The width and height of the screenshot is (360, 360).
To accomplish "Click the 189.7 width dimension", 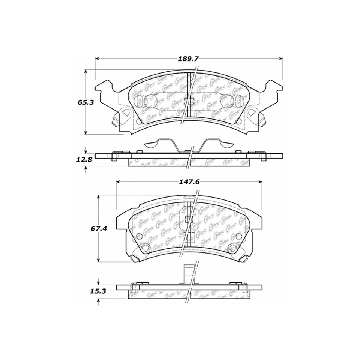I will point(189,58).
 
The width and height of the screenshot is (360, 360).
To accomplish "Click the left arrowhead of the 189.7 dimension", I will point(97,58).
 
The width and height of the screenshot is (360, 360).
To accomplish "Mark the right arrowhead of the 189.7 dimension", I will point(280,58).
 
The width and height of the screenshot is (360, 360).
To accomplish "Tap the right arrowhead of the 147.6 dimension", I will point(259,182).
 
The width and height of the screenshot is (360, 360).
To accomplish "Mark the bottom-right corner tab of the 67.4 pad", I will point(244,258).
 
